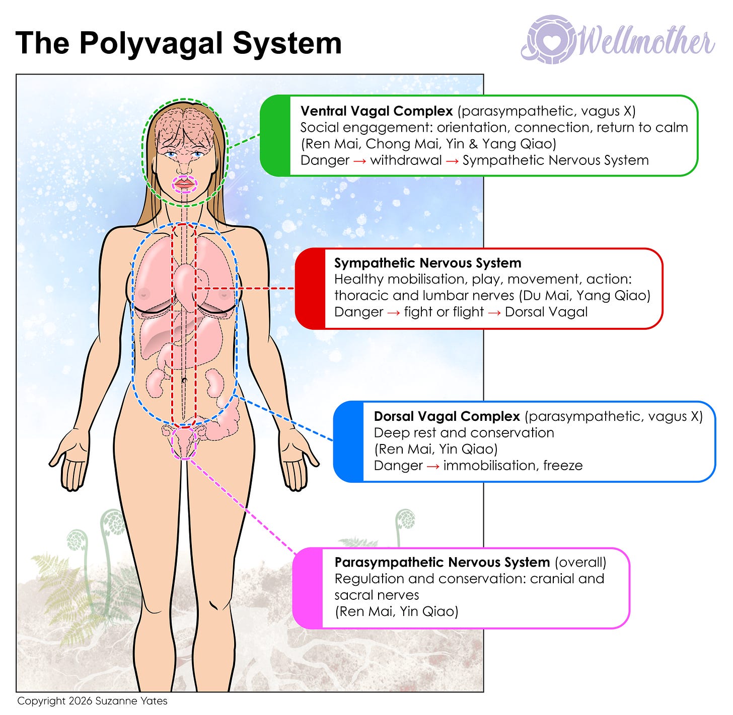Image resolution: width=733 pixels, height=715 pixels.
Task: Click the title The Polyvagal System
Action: (x=179, y=43)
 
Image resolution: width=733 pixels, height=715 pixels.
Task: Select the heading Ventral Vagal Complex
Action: (x=377, y=111)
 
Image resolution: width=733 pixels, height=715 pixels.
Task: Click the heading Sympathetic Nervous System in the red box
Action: (x=427, y=263)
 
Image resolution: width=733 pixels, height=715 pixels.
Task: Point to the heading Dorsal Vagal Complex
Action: (x=447, y=416)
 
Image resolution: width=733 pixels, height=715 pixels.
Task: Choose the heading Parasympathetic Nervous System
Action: (x=442, y=562)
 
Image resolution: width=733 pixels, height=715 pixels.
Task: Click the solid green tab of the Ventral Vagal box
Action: (x=275, y=136)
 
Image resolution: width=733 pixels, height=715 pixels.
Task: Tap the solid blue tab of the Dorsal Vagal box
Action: (x=348, y=441)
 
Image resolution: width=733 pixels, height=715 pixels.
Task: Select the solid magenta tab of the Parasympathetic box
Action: (x=308, y=588)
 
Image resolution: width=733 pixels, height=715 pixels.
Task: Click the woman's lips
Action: (x=184, y=185)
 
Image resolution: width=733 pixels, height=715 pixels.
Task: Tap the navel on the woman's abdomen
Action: (x=184, y=381)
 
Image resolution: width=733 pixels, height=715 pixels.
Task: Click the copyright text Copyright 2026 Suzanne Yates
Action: (x=92, y=701)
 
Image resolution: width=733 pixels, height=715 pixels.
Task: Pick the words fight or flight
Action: (x=444, y=312)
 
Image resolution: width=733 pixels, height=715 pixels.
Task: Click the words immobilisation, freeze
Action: (x=512, y=466)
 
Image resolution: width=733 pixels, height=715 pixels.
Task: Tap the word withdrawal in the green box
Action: (x=406, y=160)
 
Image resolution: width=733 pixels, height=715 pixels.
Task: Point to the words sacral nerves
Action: (x=377, y=595)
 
